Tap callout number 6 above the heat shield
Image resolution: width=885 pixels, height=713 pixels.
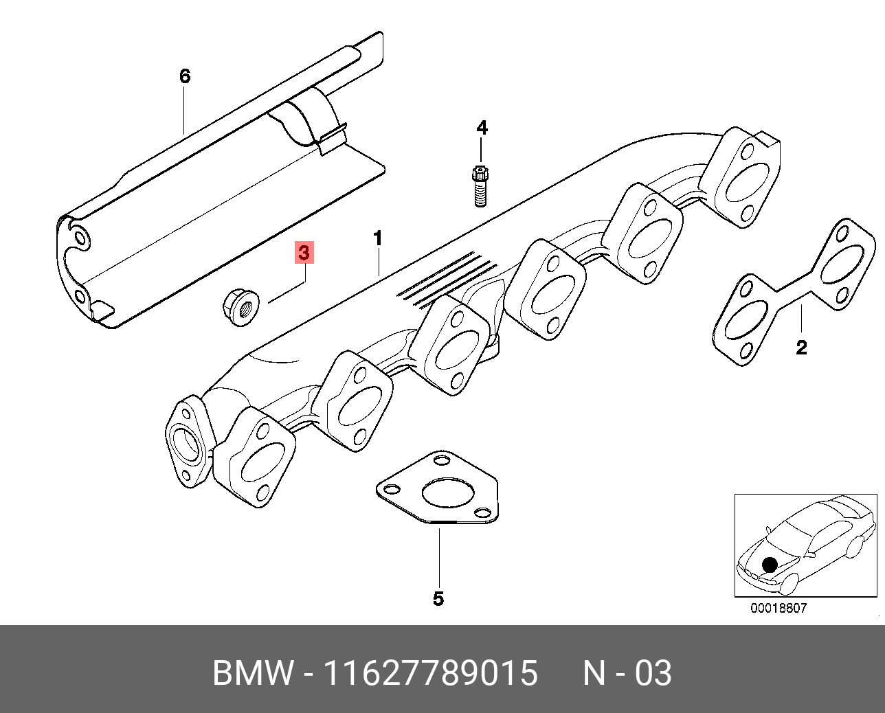(184, 76)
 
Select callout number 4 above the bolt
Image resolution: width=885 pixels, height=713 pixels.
(482, 128)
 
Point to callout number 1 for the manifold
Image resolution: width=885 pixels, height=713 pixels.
(378, 238)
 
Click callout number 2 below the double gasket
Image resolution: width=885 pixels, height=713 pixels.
(801, 348)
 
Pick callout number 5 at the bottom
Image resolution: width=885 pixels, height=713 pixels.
(438, 599)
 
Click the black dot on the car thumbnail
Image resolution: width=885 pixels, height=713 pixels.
(770, 565)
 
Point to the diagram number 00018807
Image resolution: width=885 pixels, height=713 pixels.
(778, 608)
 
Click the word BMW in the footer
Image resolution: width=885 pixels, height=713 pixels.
(253, 673)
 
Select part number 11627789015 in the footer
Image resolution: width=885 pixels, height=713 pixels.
(430, 673)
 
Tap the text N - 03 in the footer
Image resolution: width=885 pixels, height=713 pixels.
(627, 673)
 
